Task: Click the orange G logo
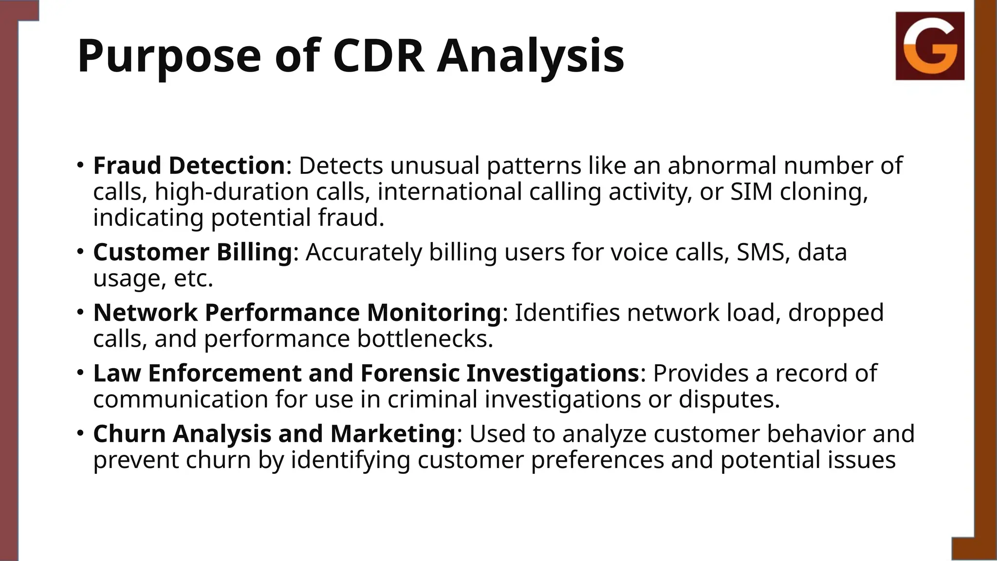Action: click(930, 46)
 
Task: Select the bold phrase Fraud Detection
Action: click(189, 166)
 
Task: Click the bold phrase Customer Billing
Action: click(192, 252)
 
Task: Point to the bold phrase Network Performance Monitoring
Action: click(297, 313)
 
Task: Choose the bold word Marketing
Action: click(392, 433)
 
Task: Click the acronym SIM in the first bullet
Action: click(752, 191)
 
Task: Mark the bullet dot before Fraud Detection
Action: click(80, 164)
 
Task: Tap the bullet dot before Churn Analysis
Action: click(80, 432)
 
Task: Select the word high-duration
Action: click(232, 191)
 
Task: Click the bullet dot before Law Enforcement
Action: click(80, 372)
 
